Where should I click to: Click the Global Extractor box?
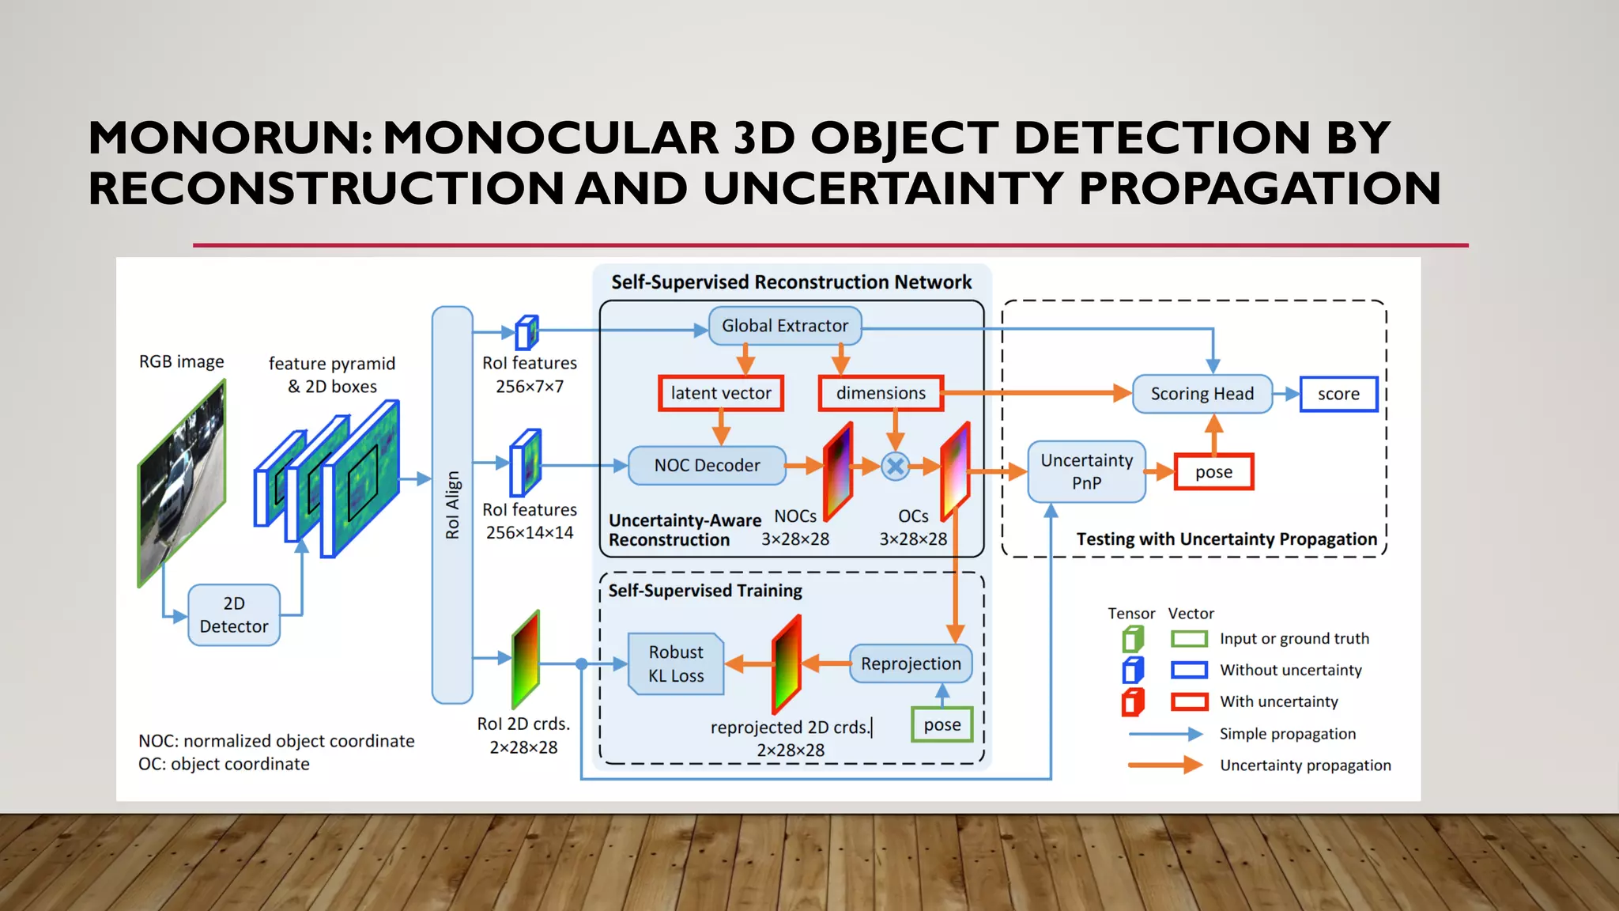pyautogui.click(x=784, y=326)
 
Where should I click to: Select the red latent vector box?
pyautogui.click(x=720, y=393)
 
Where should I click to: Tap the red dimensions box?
pyautogui.click(x=881, y=393)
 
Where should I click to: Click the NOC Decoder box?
pyautogui.click(x=707, y=466)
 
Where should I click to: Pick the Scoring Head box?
pyautogui.click(x=1202, y=394)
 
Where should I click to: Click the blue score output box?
pyautogui.click(x=1338, y=394)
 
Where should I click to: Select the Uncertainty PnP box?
pyautogui.click(x=1086, y=471)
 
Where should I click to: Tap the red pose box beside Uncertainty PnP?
pyautogui.click(x=1213, y=472)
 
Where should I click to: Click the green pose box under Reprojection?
pyautogui.click(x=942, y=724)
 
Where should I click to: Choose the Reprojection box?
pyautogui.click(x=911, y=663)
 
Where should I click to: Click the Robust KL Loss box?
pyautogui.click(x=676, y=663)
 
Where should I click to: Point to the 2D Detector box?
pyautogui.click(x=234, y=614)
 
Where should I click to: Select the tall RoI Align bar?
pyautogui.click(x=452, y=505)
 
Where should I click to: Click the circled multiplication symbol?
pyautogui.click(x=895, y=467)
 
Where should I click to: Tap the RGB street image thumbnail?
pyautogui.click(x=182, y=482)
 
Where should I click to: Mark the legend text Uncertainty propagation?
pyautogui.click(x=1305, y=765)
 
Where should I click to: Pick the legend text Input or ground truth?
pyautogui.click(x=1294, y=639)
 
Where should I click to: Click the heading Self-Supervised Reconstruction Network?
pyautogui.click(x=791, y=282)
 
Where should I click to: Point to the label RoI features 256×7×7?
pyautogui.click(x=530, y=374)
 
